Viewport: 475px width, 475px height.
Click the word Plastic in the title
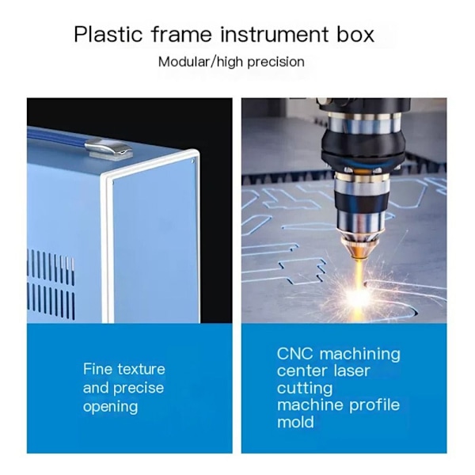coord(108,34)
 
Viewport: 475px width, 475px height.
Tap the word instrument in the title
coord(274,34)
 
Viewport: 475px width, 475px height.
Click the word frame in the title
coord(181,34)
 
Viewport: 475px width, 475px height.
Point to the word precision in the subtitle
coord(275,63)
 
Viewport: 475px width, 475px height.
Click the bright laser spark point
coord(359,295)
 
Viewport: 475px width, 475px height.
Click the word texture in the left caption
coord(141,369)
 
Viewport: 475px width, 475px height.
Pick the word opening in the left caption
coord(110,407)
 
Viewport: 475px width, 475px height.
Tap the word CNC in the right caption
coord(294,353)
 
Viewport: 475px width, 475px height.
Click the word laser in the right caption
coord(351,370)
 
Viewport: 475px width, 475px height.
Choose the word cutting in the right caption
coord(305,389)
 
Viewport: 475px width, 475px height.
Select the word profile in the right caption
coord(374,405)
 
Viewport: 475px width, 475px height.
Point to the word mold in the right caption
coord(295,422)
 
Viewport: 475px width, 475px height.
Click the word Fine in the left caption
coord(97,369)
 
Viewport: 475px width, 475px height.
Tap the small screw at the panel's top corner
coord(193,161)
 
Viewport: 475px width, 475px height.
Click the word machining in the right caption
coord(360,354)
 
